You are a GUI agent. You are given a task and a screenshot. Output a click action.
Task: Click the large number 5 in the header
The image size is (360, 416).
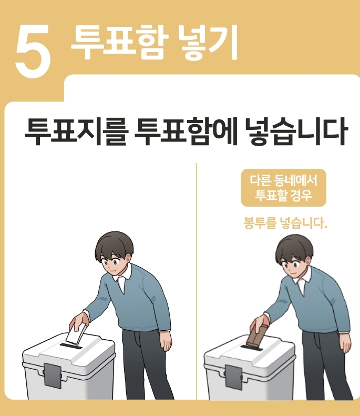point(33,51)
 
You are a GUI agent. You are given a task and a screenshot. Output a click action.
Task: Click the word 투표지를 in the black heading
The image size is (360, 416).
point(77,131)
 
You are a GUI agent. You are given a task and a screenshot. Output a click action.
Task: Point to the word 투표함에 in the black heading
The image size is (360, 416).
point(186,131)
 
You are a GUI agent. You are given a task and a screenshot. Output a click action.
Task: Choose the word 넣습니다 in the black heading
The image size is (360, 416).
point(295,131)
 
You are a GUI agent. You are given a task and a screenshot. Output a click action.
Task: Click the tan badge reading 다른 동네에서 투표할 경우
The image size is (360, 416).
point(283,188)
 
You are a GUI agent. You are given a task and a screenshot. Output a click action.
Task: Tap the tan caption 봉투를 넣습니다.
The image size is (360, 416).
point(285,223)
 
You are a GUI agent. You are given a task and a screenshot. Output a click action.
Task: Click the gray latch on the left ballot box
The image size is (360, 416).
point(53,375)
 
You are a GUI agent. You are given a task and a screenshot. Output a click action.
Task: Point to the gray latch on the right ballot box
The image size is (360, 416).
point(233,377)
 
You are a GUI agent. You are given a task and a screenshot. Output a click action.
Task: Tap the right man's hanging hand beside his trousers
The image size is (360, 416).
point(345,343)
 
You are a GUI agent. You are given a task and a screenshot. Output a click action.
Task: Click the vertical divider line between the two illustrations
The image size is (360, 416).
point(197,281)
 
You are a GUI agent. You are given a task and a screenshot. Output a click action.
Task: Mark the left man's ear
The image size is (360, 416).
point(128,259)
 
